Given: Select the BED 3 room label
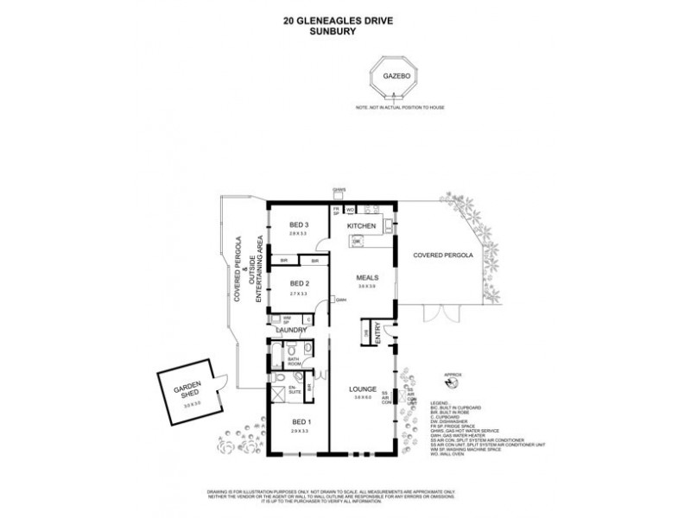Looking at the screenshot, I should click(x=300, y=225).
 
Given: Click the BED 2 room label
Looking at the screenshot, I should click(x=300, y=284).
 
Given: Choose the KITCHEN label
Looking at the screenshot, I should click(x=362, y=225).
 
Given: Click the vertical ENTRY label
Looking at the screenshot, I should click(x=377, y=334).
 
